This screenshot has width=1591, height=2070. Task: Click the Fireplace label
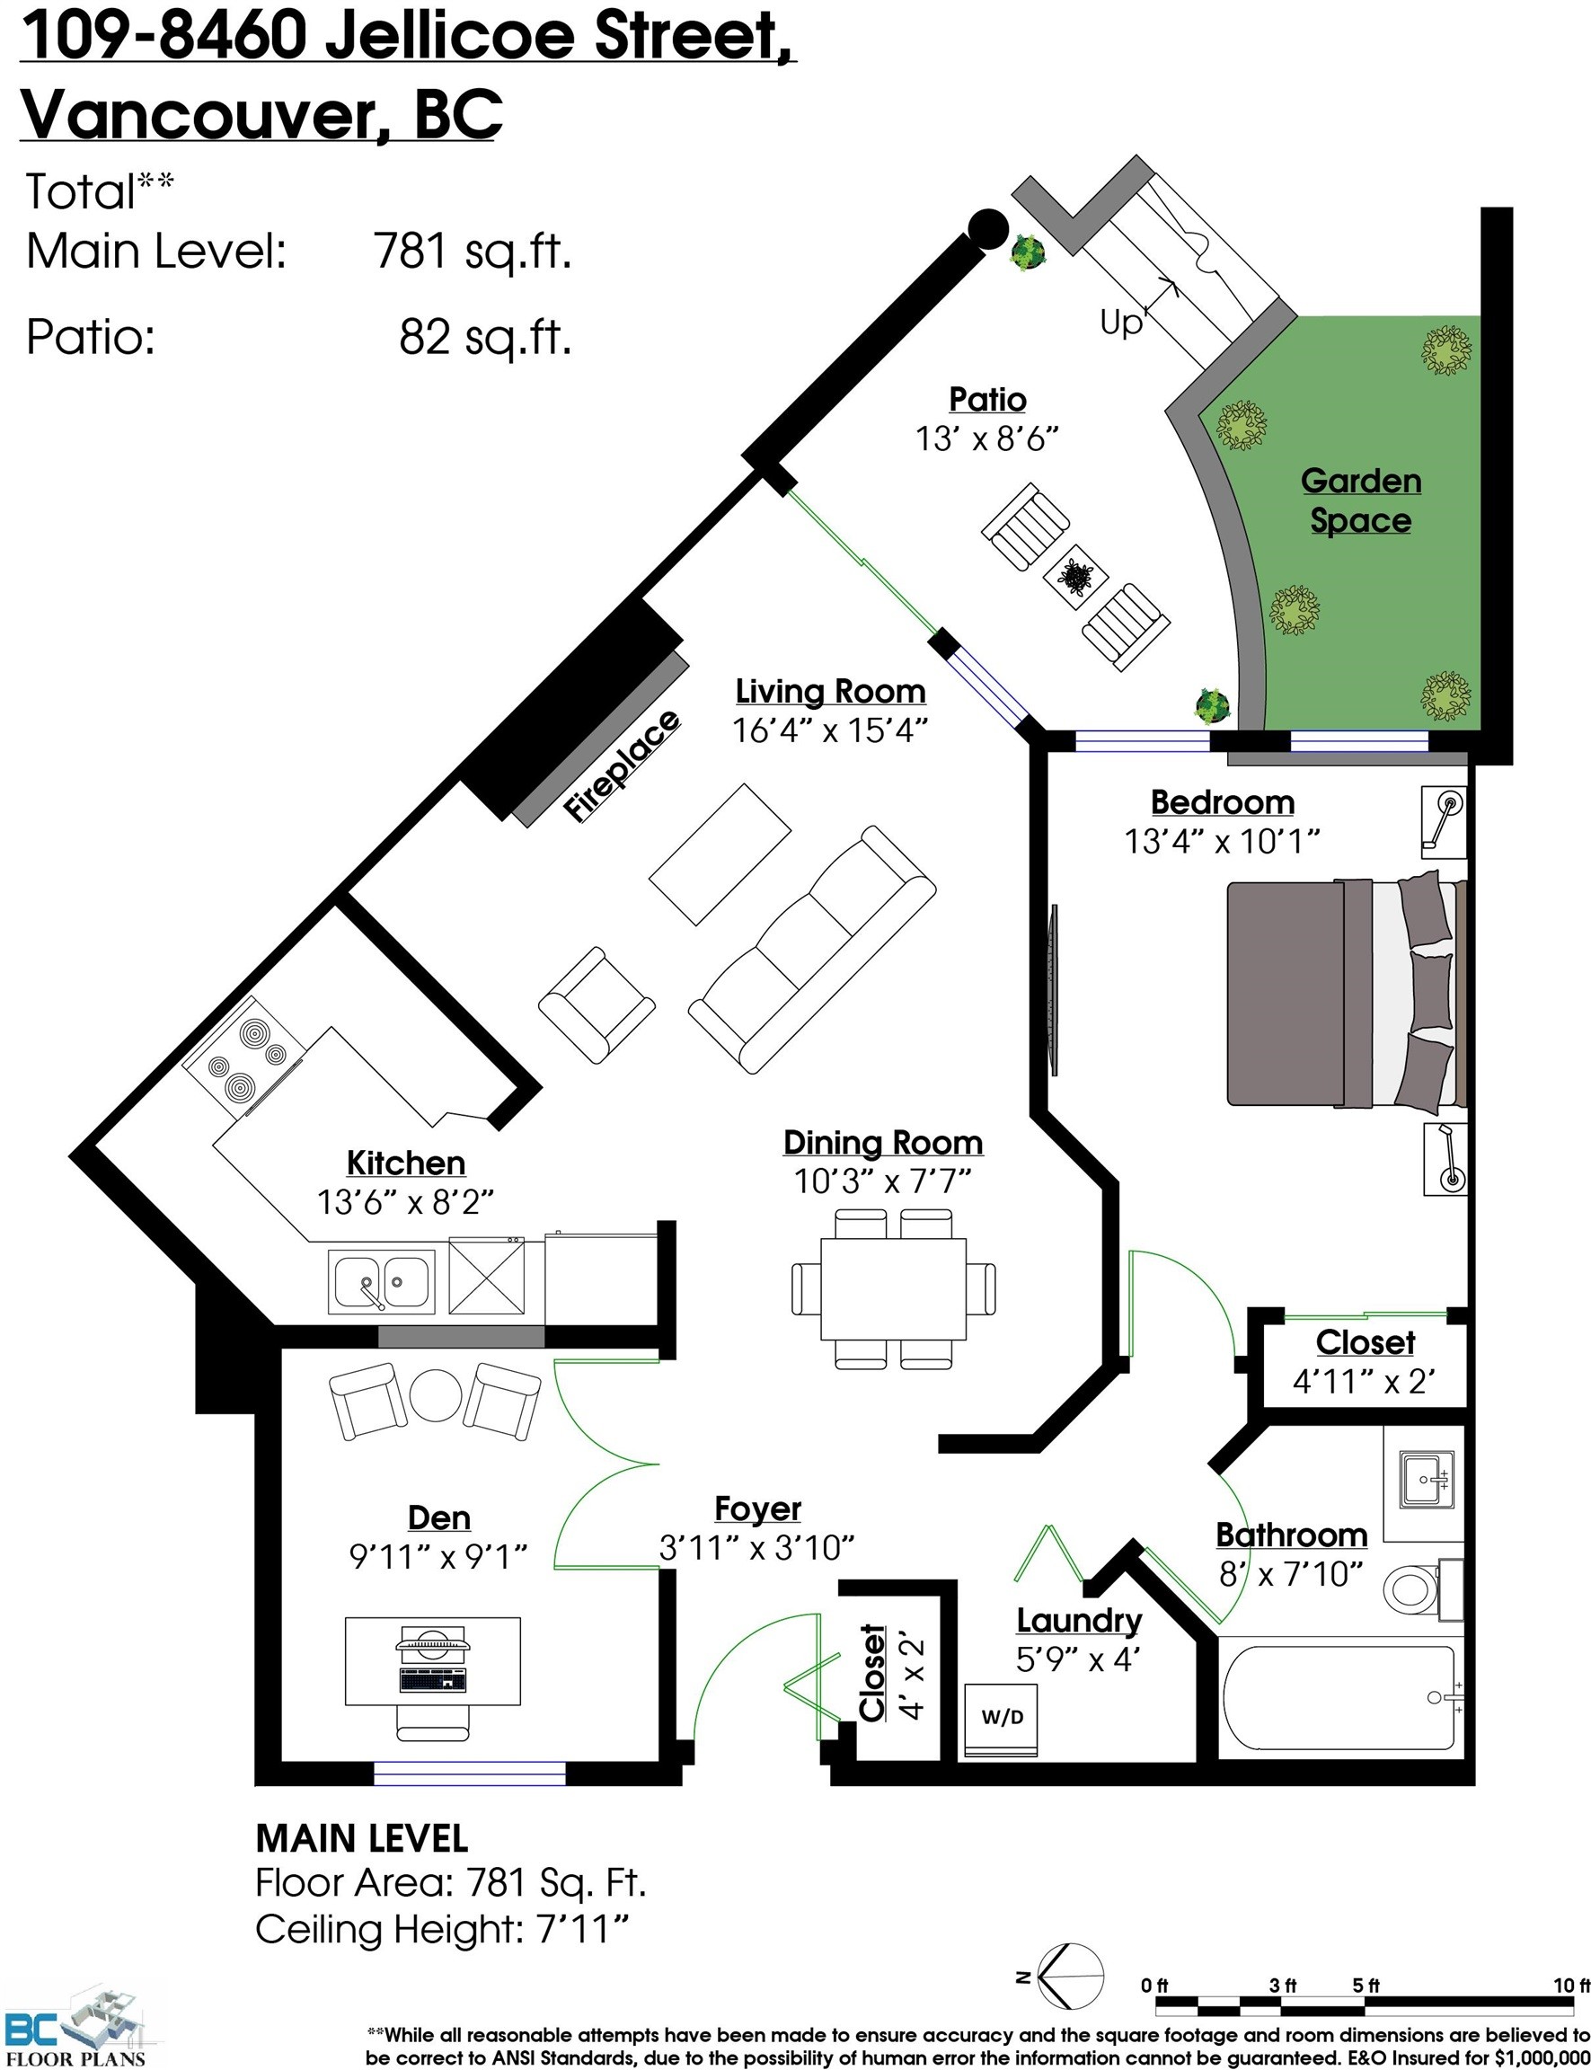622,765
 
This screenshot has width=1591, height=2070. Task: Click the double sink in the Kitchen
382,1281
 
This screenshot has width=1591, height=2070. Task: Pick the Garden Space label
1361,501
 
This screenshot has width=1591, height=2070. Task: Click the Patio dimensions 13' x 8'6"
986,439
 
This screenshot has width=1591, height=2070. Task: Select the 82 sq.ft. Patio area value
485,336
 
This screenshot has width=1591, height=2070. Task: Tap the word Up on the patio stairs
1121,323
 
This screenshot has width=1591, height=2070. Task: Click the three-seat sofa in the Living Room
811,950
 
